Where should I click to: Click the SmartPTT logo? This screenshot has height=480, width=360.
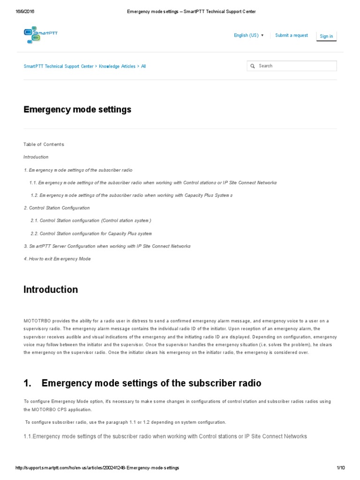pos(41,35)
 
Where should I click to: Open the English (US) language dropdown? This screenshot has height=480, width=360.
pos(248,36)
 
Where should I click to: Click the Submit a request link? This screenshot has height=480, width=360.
pos(292,36)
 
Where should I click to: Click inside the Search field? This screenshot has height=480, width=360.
pos(295,66)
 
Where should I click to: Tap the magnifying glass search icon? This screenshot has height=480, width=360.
pos(253,66)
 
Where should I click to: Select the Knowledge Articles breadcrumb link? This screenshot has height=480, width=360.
pos(117,67)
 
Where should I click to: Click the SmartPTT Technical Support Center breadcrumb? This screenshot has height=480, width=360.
pos(59,67)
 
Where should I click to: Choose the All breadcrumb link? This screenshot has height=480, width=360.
pos(143,67)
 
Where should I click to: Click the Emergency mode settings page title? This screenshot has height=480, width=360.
pos(77,110)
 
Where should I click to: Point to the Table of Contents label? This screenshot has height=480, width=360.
pos(44,144)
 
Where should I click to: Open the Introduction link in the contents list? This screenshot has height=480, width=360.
pos(36,157)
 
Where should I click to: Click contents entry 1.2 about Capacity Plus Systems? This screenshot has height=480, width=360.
pos(131,195)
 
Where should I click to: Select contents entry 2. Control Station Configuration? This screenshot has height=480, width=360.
pos(57,208)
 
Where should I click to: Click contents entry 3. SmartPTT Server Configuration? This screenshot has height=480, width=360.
pos(107,246)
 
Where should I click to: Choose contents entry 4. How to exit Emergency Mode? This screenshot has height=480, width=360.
pos(57,259)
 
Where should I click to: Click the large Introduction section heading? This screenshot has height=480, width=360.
pos(51,290)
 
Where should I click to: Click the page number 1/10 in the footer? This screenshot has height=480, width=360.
pos(340,468)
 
